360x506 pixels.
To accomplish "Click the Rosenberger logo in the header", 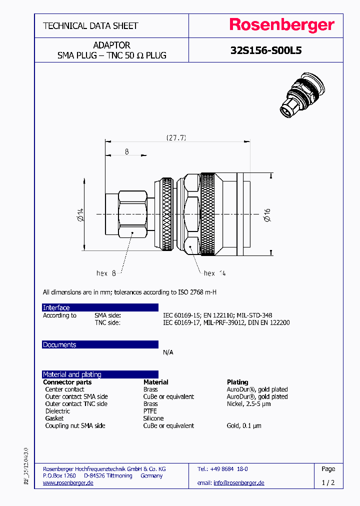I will [x=281, y=25].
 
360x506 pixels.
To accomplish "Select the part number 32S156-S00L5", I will [x=265, y=50].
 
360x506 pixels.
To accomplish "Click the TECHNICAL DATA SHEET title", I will [x=90, y=25].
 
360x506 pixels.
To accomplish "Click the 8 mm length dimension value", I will [x=127, y=151].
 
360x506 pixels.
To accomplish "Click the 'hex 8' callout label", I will [x=106, y=273].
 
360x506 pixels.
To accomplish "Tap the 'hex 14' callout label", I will [x=215, y=273].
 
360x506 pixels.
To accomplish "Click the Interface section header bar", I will [x=100, y=307].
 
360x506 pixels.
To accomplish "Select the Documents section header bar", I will [x=100, y=344].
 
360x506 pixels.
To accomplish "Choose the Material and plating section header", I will [x=100, y=374].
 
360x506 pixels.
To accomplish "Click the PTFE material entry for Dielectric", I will [x=150, y=411].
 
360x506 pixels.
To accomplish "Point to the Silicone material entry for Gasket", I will [x=153, y=418].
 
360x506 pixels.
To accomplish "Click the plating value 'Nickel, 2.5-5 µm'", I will [x=248, y=403].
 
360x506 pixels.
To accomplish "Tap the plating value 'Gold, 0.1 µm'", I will [x=244, y=425].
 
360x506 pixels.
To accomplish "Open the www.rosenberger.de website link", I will [x=68, y=482].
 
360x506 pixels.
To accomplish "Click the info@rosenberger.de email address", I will [x=238, y=482].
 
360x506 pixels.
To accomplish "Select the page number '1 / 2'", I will [x=328, y=482].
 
